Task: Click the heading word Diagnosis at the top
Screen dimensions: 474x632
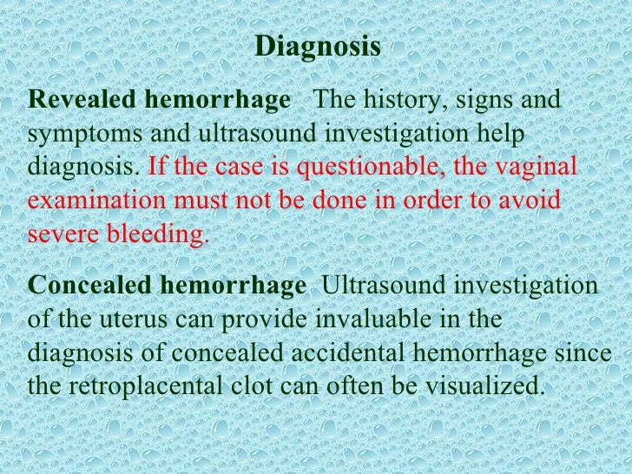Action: (318, 47)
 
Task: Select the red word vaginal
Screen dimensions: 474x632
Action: (540, 168)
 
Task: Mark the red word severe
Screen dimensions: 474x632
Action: (59, 233)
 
